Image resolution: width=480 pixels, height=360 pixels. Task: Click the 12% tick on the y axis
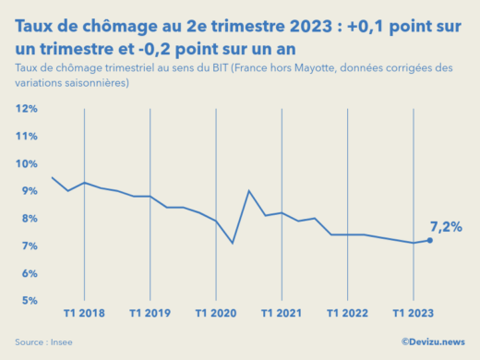(x=25, y=109)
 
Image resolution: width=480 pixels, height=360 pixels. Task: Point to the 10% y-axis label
(x=25, y=163)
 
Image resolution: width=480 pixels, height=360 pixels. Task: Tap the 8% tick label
(x=27, y=219)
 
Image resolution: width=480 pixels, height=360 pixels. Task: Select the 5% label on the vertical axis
(x=27, y=301)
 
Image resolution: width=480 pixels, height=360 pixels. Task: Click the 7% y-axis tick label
(x=27, y=246)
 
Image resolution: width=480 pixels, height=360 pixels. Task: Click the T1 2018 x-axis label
(x=85, y=313)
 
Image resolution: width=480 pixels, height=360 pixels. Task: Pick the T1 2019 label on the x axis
(x=150, y=313)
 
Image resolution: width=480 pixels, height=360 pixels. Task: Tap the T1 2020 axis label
(x=216, y=313)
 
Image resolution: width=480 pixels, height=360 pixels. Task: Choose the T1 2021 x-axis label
(x=282, y=313)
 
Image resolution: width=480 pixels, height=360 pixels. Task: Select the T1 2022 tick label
(x=347, y=313)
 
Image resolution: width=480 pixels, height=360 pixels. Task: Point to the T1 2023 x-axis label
(x=413, y=313)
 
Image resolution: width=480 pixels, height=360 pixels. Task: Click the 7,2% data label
(x=446, y=226)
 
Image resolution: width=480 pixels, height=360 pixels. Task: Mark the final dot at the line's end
(x=429, y=240)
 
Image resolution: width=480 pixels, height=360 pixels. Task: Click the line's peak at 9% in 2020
(x=249, y=191)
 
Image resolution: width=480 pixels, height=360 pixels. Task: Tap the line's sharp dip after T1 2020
(x=233, y=243)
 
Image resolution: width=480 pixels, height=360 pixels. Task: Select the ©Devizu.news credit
(x=433, y=342)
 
